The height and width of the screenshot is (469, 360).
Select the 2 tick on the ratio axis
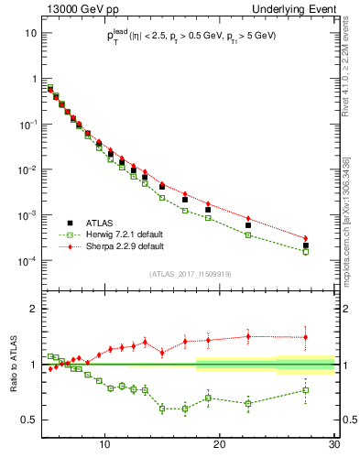point(35,309)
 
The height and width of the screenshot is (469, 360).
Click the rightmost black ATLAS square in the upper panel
point(306,245)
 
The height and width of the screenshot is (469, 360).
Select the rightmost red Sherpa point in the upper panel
point(306,238)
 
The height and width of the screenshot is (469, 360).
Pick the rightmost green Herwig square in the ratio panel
point(306,390)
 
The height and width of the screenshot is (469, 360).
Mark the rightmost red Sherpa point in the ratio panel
point(306,337)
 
